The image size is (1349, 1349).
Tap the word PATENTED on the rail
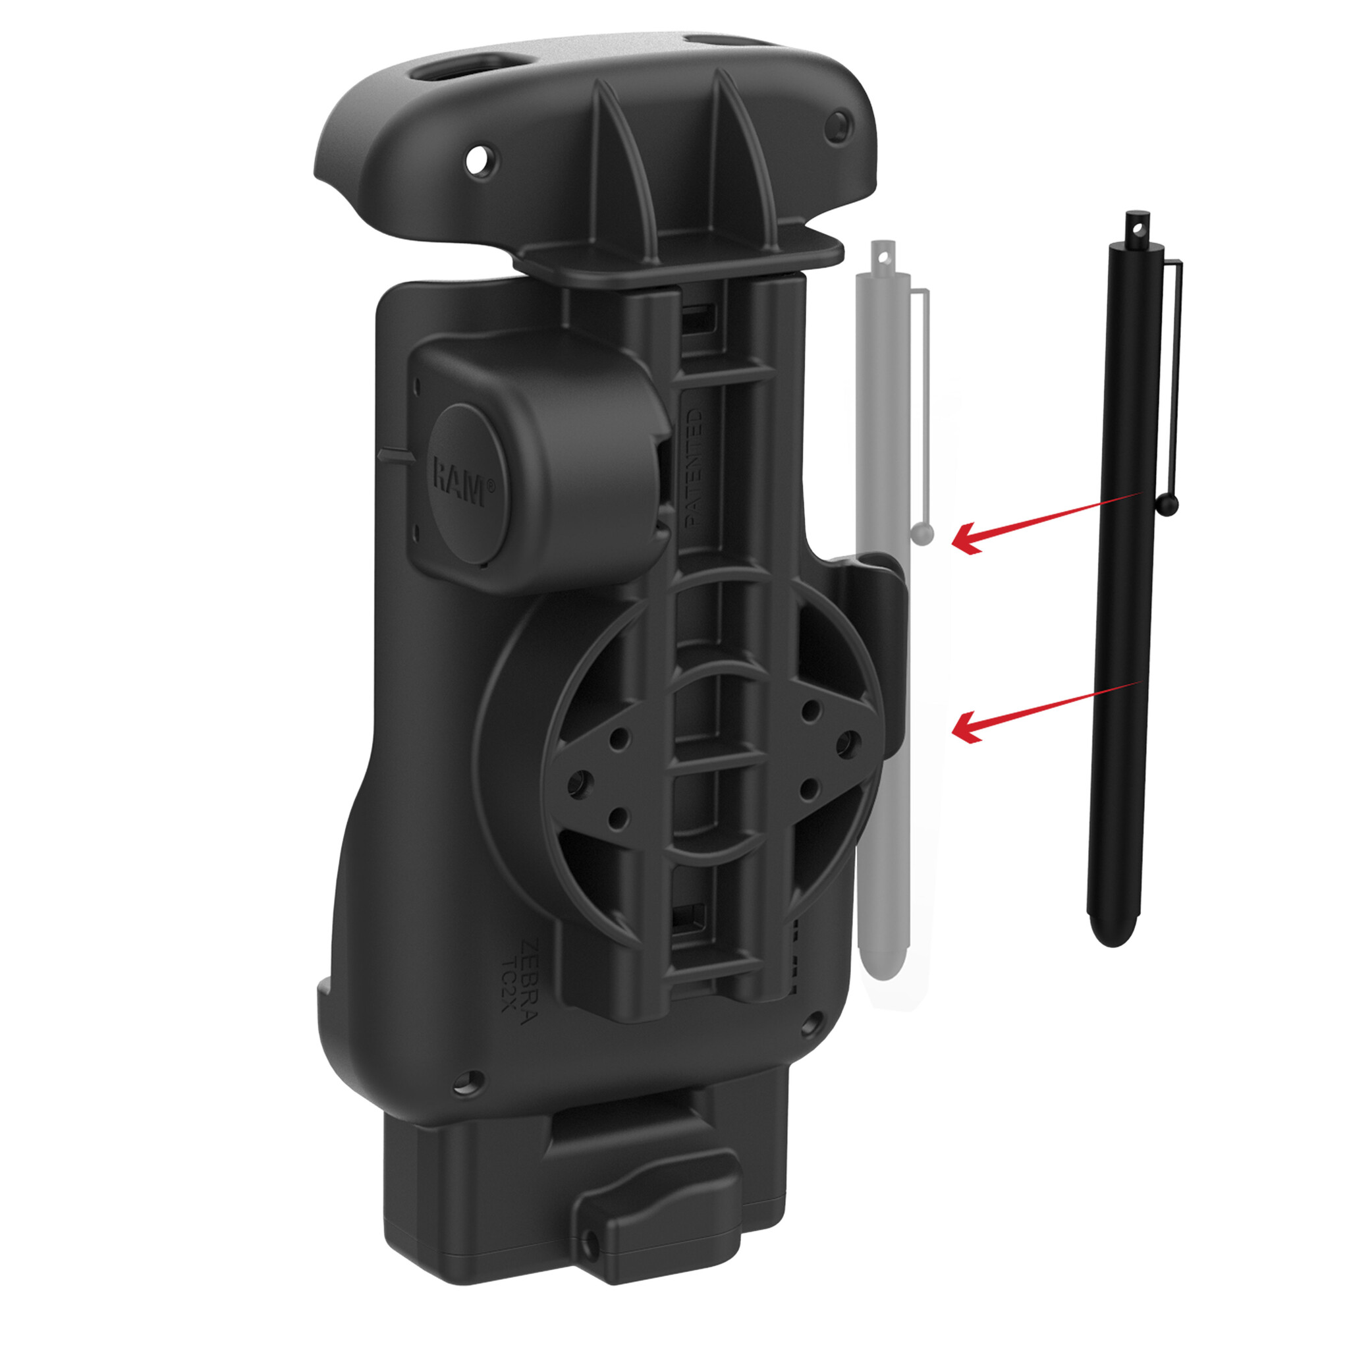(x=694, y=466)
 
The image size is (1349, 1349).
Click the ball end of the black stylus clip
(x=1167, y=504)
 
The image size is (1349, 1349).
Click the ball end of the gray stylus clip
(x=922, y=535)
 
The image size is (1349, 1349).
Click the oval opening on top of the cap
(x=451, y=70)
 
